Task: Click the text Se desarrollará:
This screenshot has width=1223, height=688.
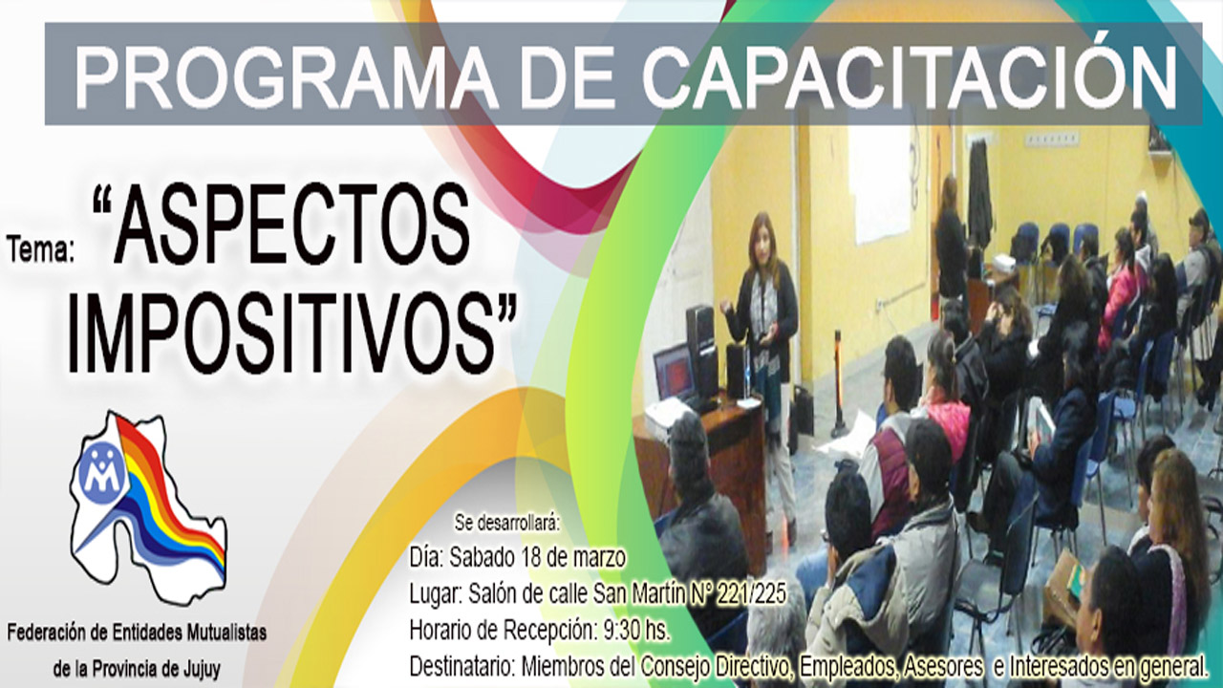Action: click(x=507, y=524)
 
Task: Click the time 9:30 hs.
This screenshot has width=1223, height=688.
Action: click(x=636, y=631)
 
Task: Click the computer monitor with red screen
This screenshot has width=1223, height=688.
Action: click(x=674, y=372)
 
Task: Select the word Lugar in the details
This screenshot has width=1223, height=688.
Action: click(x=435, y=594)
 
